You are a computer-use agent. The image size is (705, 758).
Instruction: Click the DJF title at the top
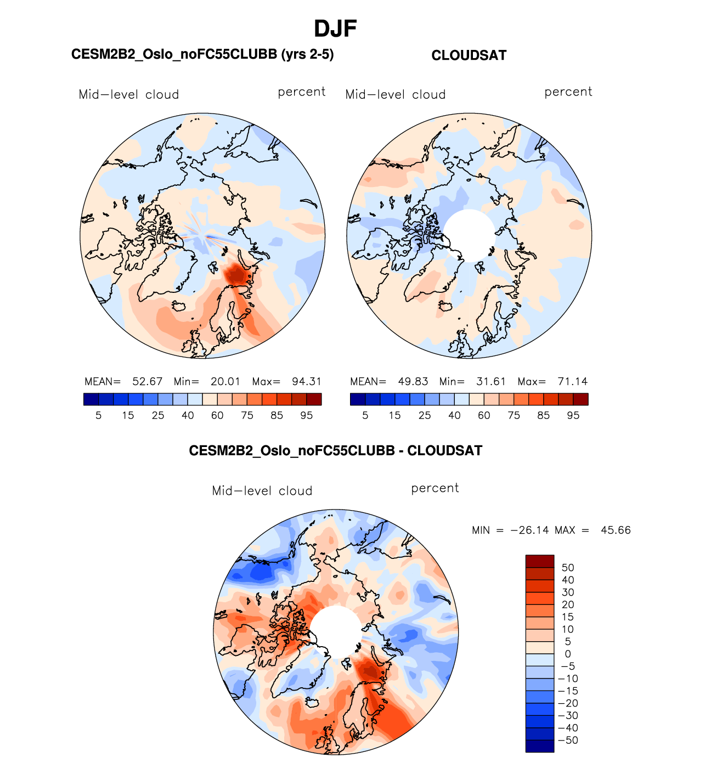[335, 29]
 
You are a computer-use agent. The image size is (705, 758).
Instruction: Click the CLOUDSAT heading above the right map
[469, 55]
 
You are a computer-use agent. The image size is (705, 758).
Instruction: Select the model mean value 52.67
[147, 382]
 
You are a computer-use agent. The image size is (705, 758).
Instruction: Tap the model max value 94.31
[307, 382]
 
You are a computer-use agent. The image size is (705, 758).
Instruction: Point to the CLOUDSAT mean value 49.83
[413, 382]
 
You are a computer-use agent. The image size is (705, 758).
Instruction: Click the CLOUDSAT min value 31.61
[491, 382]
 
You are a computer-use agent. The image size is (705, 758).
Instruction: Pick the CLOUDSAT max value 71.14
[572, 382]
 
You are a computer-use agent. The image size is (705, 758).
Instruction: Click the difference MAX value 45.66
[616, 530]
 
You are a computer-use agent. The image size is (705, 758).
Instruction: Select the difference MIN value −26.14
[530, 530]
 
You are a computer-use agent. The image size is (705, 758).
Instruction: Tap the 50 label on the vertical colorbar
[568, 568]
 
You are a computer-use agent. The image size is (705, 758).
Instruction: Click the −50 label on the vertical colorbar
[568, 740]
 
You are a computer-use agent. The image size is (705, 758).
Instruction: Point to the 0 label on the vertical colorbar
[568, 654]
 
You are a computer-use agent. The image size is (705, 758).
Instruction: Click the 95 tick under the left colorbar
[307, 416]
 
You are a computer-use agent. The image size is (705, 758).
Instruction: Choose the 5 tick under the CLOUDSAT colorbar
[365, 416]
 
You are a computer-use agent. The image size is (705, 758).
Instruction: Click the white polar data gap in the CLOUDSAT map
[469, 235]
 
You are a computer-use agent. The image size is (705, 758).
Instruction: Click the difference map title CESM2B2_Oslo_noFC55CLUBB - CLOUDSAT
[335, 451]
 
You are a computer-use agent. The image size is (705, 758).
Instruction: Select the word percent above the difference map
[435, 488]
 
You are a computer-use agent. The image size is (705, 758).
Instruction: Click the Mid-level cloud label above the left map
[129, 94]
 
